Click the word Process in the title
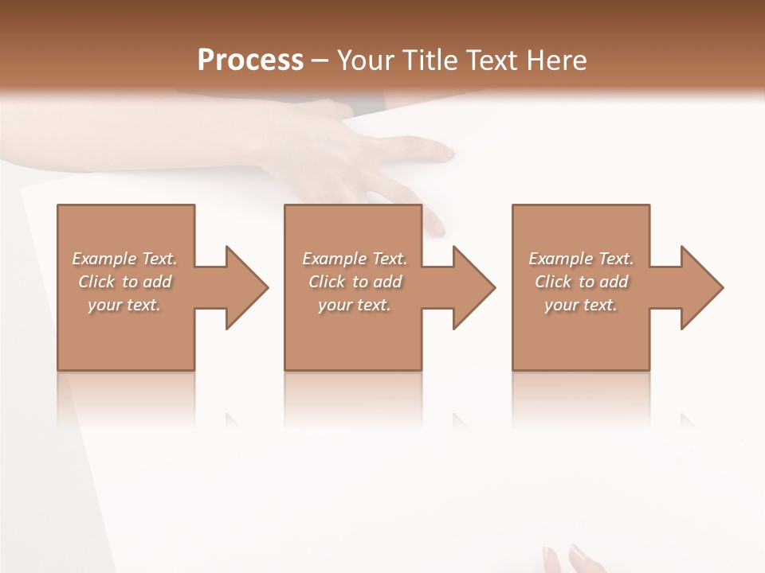250,60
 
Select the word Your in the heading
367,60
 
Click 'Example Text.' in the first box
124,259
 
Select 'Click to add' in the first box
124,282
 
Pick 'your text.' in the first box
124,305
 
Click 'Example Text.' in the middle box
355,259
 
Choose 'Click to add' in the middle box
355,282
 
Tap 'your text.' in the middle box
355,305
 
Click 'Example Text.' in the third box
581,259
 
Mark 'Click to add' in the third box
581,282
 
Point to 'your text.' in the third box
581,305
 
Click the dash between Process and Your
320,60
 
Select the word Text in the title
492,60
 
